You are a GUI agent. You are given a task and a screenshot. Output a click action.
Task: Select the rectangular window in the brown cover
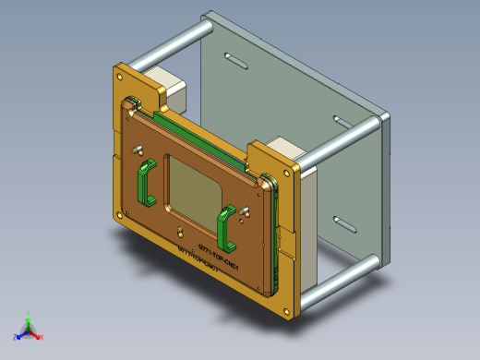(192, 187)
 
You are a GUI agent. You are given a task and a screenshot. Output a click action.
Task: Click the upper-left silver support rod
(166, 49)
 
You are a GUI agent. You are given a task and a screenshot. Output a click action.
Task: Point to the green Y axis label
(29, 313)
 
